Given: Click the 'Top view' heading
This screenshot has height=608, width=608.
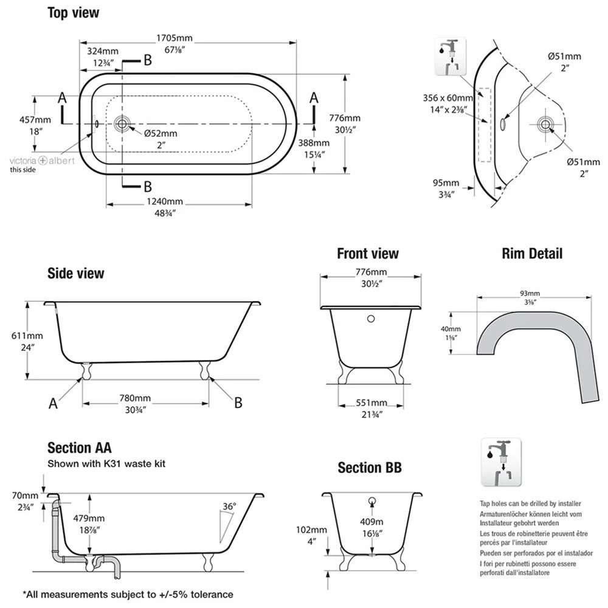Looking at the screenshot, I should tap(74, 12).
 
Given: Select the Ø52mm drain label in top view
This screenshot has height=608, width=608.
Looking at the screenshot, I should tap(161, 133).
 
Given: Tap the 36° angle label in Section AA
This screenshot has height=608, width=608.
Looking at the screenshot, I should tap(229, 506).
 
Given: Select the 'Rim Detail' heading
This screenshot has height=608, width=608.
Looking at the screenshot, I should tap(532, 253).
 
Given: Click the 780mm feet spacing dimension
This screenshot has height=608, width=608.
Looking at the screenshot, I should tap(135, 398).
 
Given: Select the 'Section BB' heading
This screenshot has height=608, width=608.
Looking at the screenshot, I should tap(370, 468).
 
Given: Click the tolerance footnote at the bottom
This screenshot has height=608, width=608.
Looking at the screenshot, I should tap(128, 594).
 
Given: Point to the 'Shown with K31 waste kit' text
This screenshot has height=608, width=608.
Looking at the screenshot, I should tap(106, 464).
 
